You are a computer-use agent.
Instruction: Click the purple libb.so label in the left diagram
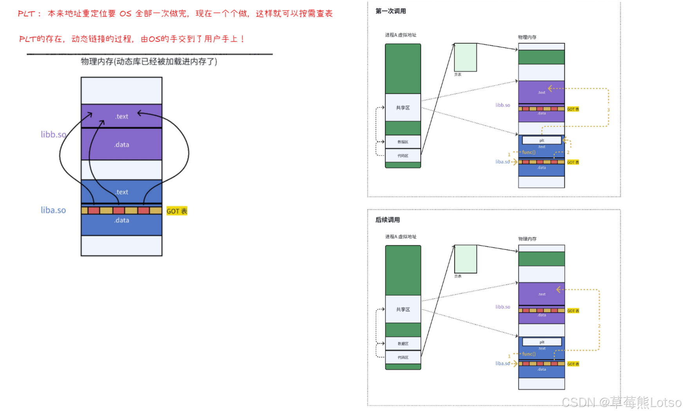54,134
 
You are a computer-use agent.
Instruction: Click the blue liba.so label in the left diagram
53,210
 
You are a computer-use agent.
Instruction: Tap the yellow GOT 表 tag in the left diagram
177,211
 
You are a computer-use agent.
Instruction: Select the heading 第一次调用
390,11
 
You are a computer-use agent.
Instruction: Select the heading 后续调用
387,220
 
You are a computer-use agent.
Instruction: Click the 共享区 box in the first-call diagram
403,107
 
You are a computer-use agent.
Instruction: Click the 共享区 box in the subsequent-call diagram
403,309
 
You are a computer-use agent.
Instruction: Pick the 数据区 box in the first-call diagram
403,142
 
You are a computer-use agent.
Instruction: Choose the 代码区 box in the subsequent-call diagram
403,357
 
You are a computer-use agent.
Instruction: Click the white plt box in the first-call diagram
542,140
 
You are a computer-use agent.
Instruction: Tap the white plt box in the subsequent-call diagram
542,342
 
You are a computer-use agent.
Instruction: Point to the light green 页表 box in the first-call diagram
465,57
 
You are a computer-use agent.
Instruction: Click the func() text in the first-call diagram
528,152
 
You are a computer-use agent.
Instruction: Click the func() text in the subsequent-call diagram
528,354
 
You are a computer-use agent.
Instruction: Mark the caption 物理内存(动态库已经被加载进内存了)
149,62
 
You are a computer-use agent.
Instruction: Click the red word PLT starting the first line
26,14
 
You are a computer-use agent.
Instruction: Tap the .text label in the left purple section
121,116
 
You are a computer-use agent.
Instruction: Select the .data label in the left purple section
121,145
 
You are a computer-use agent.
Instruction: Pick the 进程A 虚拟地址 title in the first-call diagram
400,35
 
